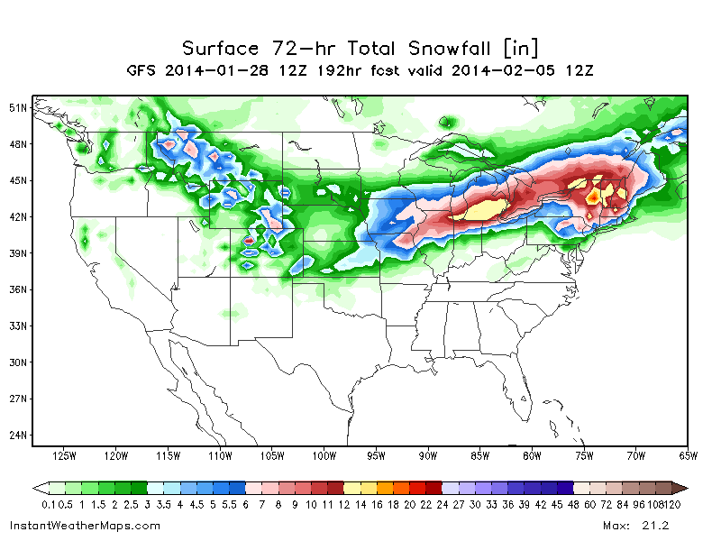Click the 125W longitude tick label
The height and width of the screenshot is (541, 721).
pos(65,456)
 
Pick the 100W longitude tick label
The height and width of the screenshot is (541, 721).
pos(324,456)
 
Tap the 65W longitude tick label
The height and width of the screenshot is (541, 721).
pos(688,456)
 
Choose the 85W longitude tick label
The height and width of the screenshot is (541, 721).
pos(479,456)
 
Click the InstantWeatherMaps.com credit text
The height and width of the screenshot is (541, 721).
pos(85,525)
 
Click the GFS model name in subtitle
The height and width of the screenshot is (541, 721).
pos(142,70)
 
